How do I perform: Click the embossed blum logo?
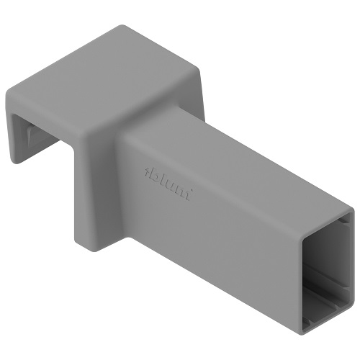pos(168,184)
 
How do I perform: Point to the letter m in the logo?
pos(183,193)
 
